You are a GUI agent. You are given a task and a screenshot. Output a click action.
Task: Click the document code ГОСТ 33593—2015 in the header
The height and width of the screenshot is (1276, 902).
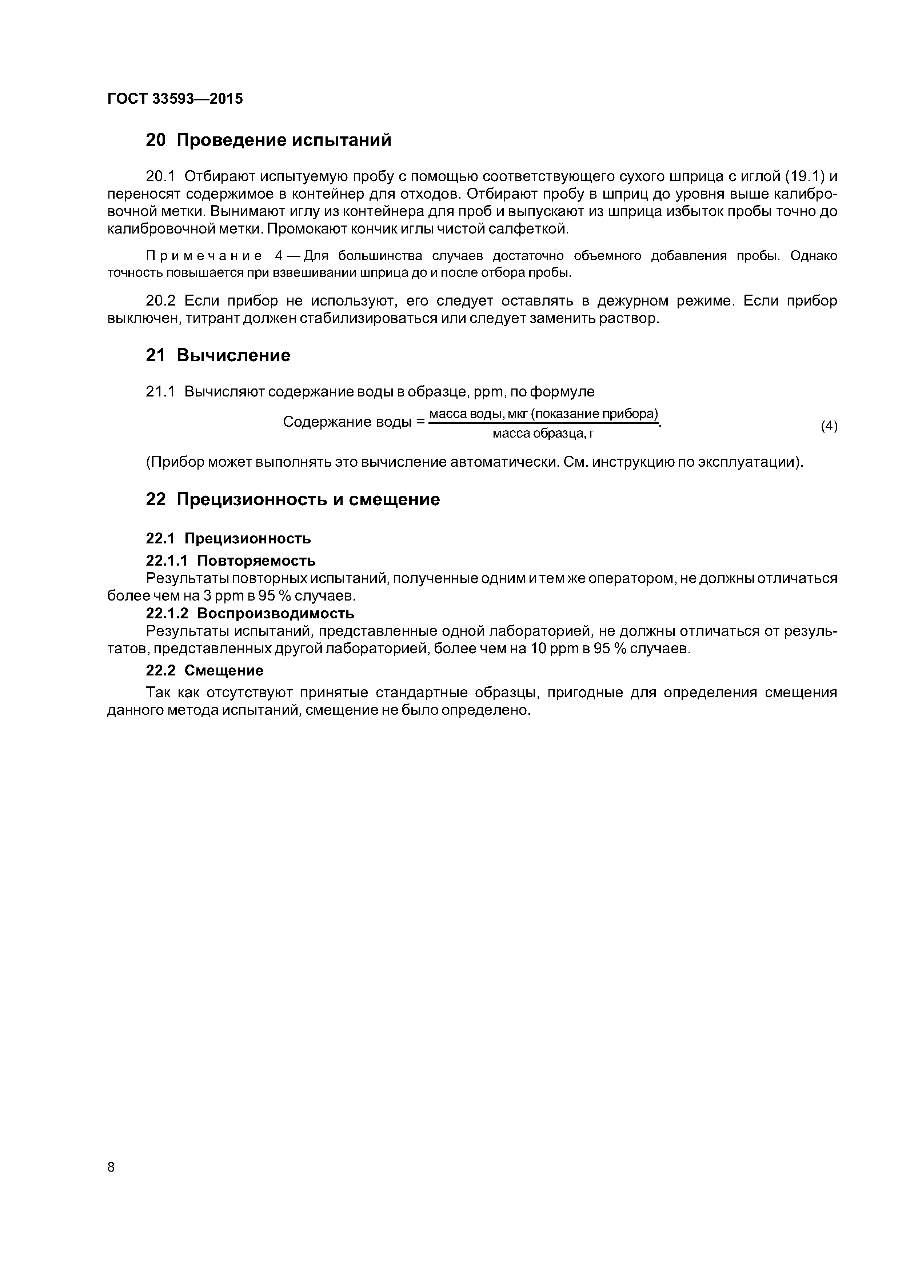[175, 99]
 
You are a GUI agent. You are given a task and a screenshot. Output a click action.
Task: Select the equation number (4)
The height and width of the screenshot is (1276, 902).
[829, 426]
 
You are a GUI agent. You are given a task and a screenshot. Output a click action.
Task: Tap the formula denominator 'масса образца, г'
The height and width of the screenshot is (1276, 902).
[543, 434]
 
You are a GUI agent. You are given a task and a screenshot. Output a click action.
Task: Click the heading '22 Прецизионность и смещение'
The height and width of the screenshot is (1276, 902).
[292, 500]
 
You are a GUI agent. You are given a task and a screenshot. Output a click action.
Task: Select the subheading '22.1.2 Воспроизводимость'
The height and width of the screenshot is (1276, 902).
[250, 614]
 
